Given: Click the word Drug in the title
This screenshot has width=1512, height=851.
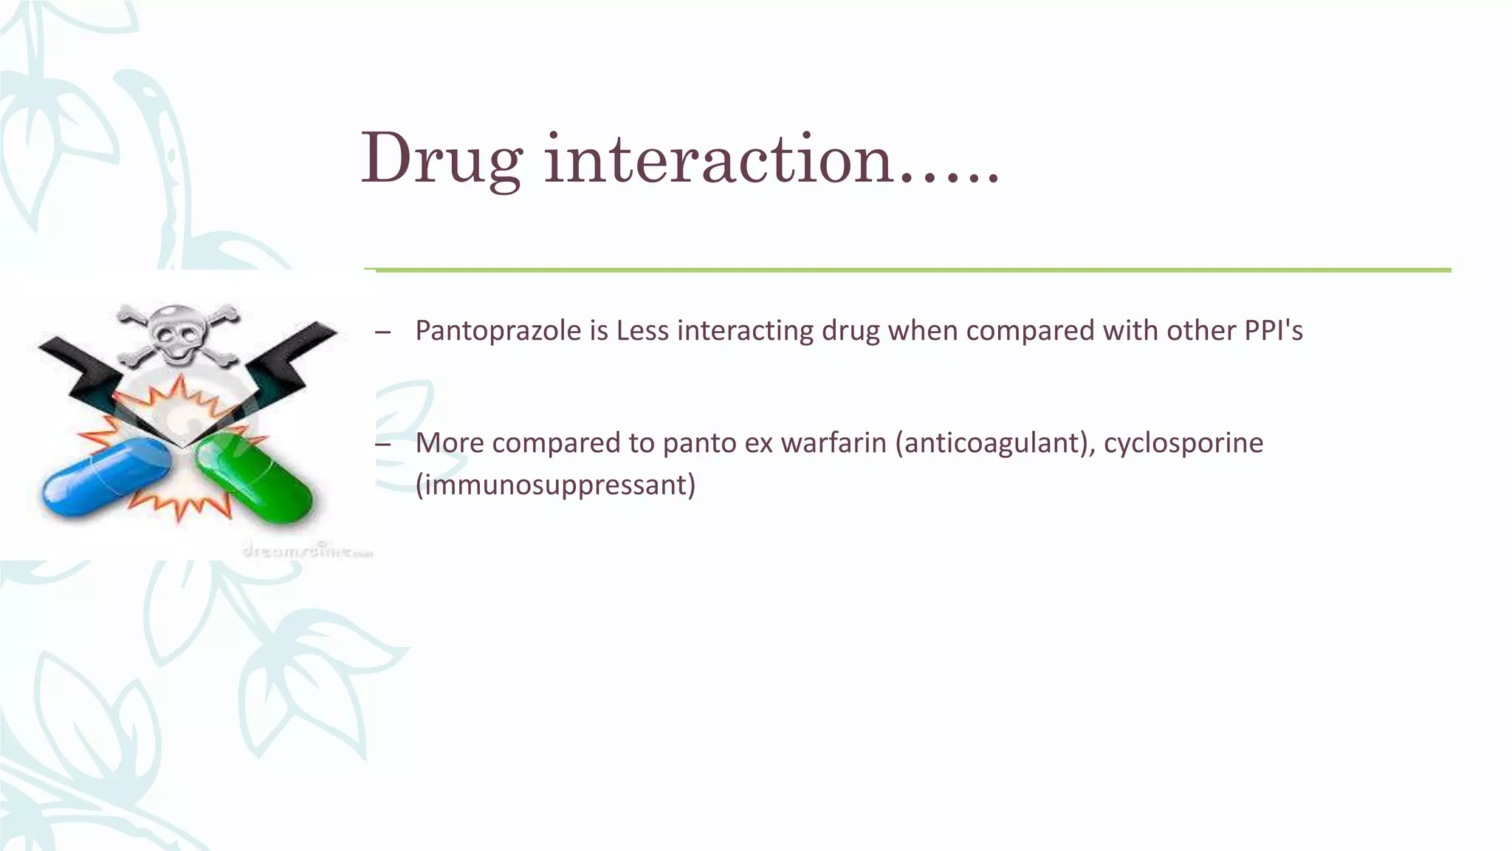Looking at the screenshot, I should pos(441,159).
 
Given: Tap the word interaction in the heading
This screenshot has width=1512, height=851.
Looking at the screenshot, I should pos(719,159).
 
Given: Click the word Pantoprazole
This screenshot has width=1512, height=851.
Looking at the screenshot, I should pos(498,331).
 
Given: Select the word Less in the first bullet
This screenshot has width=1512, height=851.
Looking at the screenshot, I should pos(642,331).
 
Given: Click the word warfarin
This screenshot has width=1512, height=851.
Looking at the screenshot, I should pos(834,443).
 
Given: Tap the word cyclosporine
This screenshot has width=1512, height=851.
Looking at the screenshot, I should pos(1183,443).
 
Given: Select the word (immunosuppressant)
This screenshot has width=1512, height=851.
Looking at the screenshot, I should pos(555,485).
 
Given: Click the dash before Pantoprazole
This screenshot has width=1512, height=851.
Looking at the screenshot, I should pos(382,332).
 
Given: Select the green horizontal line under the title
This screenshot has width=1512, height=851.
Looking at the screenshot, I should pos(908,270).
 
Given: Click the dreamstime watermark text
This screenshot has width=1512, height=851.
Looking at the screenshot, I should pos(308,551).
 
